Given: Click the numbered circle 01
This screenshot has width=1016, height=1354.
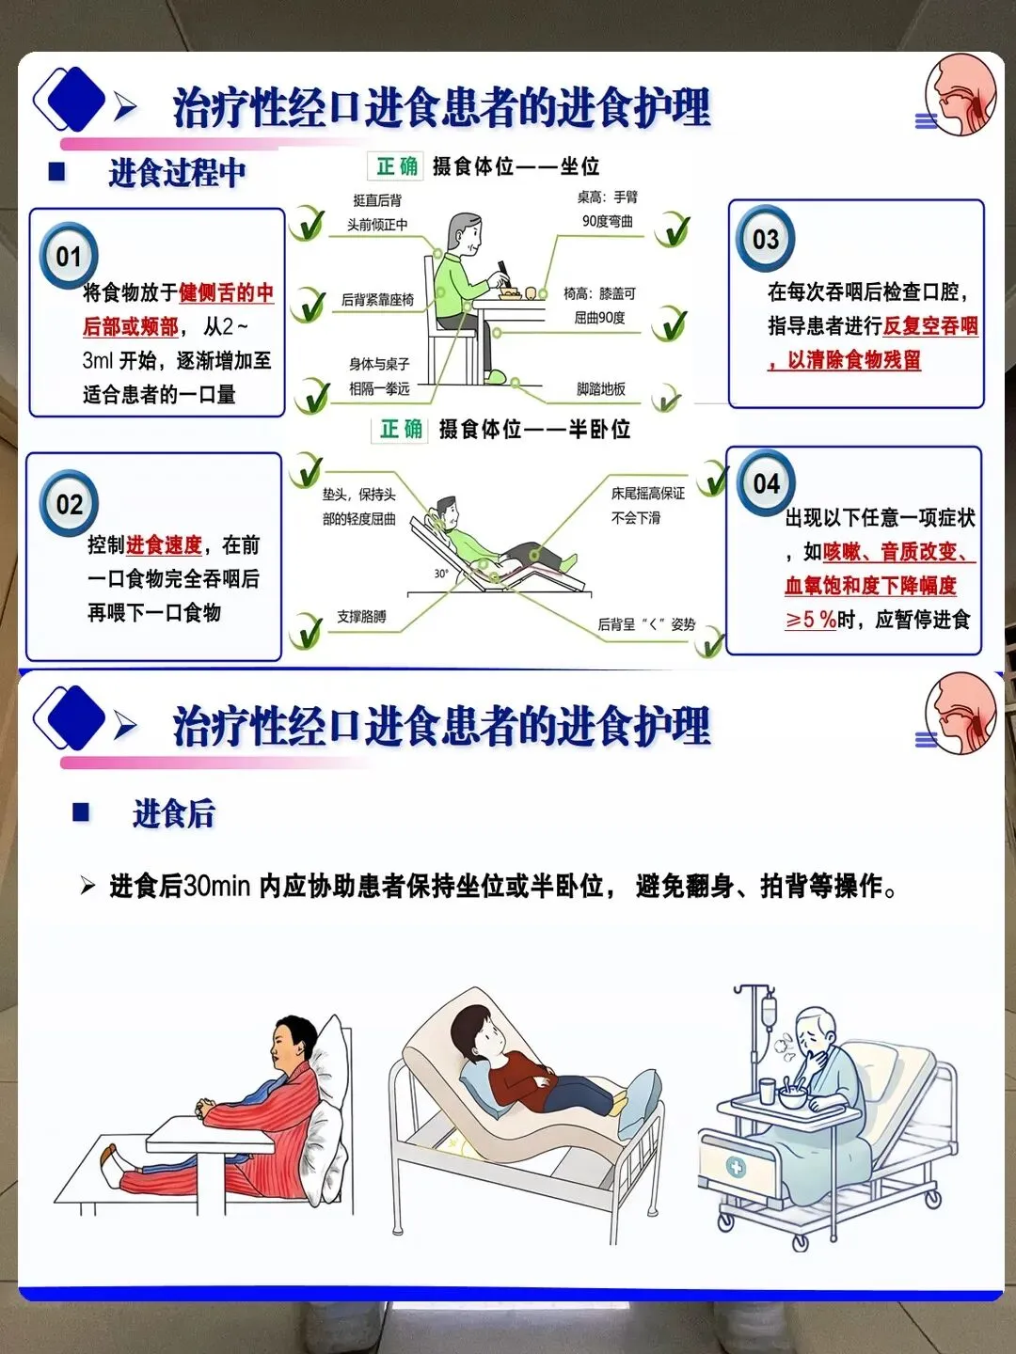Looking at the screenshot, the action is pos(69,256).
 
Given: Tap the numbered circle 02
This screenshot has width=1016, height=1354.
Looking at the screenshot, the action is pos(69,503).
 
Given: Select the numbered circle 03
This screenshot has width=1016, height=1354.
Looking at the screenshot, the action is pos(766,239).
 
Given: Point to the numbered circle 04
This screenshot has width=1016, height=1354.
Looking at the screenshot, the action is pos(766,483).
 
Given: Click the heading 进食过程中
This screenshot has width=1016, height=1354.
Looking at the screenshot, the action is pos(177,172).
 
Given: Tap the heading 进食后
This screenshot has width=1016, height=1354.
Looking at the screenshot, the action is pos(173,812).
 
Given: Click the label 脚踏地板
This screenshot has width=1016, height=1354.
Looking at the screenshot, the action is pos(601,388).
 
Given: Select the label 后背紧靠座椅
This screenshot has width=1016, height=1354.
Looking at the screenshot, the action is pos(377,300).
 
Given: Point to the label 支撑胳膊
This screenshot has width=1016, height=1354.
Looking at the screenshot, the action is pos(361,616).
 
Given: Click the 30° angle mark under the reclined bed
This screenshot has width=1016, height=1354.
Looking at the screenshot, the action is pos(441,574).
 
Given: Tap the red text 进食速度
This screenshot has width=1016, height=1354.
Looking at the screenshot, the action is pos(164,544).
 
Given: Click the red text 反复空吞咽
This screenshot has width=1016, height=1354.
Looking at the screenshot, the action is pos(930,325).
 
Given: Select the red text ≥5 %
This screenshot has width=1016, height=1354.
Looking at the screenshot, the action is pos(811,620).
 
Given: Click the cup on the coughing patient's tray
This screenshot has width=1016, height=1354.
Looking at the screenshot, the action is pos(768,1092).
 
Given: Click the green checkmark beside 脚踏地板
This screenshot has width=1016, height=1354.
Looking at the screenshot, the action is pos(667,399).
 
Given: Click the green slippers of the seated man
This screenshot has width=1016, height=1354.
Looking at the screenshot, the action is pos(498,376).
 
